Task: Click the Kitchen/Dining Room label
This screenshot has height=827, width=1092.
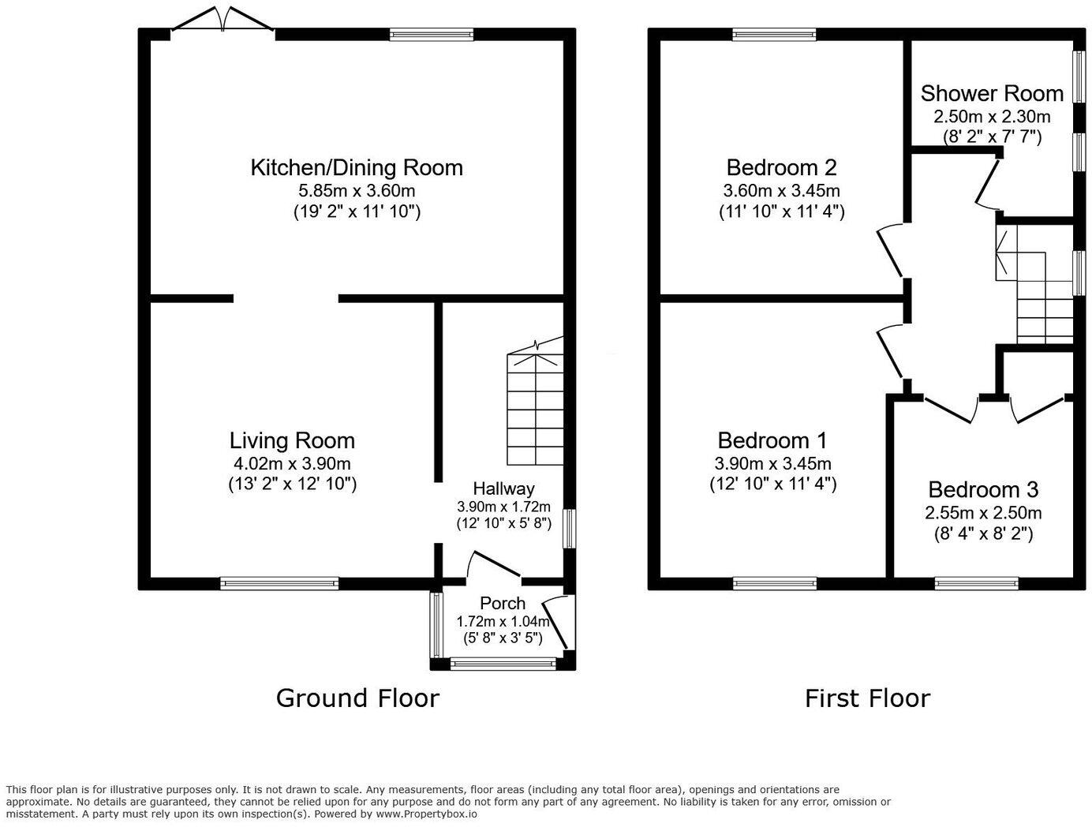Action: pyautogui.click(x=356, y=168)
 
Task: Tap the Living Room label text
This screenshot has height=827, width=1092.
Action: pyautogui.click(x=292, y=440)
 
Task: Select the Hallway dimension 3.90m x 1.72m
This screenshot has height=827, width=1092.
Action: pyautogui.click(x=503, y=507)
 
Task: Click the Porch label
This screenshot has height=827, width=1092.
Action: pyautogui.click(x=503, y=603)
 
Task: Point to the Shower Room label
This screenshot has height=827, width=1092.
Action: pyautogui.click(x=992, y=94)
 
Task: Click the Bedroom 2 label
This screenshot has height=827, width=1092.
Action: pyautogui.click(x=781, y=168)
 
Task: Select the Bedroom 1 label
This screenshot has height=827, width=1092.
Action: pyautogui.click(x=772, y=440)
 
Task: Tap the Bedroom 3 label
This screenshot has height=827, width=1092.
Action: pyautogui.click(x=983, y=489)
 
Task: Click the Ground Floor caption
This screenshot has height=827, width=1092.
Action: pyautogui.click(x=357, y=698)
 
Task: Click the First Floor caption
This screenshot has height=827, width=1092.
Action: pyautogui.click(x=867, y=698)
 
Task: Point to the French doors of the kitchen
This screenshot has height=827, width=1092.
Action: pyautogui.click(x=223, y=18)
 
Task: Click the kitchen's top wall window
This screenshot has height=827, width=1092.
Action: pyautogui.click(x=432, y=35)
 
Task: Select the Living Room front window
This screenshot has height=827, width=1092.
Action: pyautogui.click(x=279, y=583)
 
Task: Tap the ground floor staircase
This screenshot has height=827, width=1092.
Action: pyautogui.click(x=535, y=401)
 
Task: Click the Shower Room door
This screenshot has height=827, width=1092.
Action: pyautogui.click(x=988, y=182)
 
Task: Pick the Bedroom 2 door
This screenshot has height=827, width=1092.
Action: pyautogui.click(x=891, y=250)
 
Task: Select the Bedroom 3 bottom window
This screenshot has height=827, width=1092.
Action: pyautogui.click(x=976, y=583)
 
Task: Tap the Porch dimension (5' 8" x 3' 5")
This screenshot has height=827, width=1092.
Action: pyautogui.click(x=503, y=638)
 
